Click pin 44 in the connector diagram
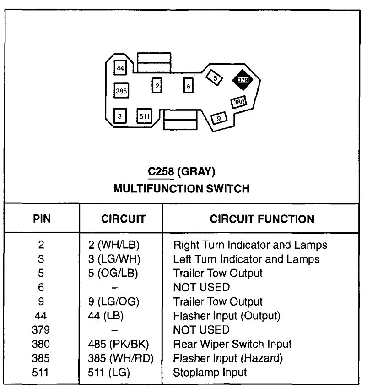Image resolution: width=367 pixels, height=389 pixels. pyautogui.click(x=120, y=68)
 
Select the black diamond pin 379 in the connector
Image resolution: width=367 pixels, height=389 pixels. pyautogui.click(x=243, y=80)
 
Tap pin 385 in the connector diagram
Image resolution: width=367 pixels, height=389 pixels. pyautogui.click(x=121, y=91)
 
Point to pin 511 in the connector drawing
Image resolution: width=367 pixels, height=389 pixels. pyautogui.click(x=144, y=116)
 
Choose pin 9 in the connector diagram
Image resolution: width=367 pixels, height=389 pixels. pyautogui.click(x=219, y=118)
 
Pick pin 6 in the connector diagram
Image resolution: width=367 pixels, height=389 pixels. pyautogui.click(x=188, y=86)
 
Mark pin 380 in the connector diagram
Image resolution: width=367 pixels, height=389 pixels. pyautogui.click(x=239, y=102)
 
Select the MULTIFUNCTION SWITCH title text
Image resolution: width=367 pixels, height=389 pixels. pyautogui.click(x=181, y=188)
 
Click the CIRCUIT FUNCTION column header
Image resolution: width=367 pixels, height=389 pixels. pyautogui.click(x=262, y=219)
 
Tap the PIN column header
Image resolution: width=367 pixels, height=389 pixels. pyautogui.click(x=42, y=219)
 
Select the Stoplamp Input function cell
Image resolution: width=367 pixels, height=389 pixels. pyautogui.click(x=210, y=372)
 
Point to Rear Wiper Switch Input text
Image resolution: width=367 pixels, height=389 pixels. pyautogui.click(x=232, y=344)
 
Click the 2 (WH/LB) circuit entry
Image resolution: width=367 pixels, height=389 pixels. pyautogui.click(x=114, y=245)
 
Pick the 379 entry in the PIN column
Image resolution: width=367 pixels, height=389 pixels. pyautogui.click(x=41, y=329)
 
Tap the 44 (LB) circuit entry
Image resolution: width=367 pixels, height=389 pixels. pyautogui.click(x=106, y=315)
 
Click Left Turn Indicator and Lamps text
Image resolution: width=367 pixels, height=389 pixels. pyautogui.click(x=246, y=259)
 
